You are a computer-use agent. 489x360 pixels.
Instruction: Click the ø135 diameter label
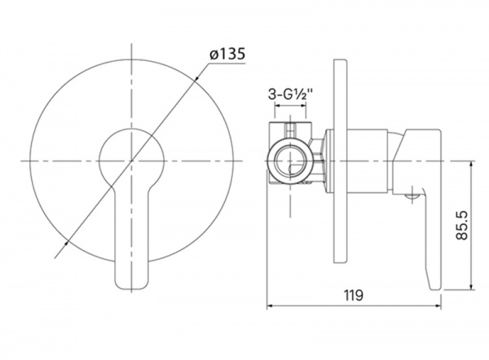227,54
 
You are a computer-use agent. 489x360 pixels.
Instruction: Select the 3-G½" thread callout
290,94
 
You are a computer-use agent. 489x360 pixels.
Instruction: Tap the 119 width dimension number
354,295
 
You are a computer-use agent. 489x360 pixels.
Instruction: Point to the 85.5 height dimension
462,225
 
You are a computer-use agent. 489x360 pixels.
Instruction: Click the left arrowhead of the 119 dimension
270,306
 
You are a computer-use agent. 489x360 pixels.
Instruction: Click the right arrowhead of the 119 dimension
438,306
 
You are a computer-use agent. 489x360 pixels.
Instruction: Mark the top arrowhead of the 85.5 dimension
471,165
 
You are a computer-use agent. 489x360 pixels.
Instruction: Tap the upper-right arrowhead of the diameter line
196,79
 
